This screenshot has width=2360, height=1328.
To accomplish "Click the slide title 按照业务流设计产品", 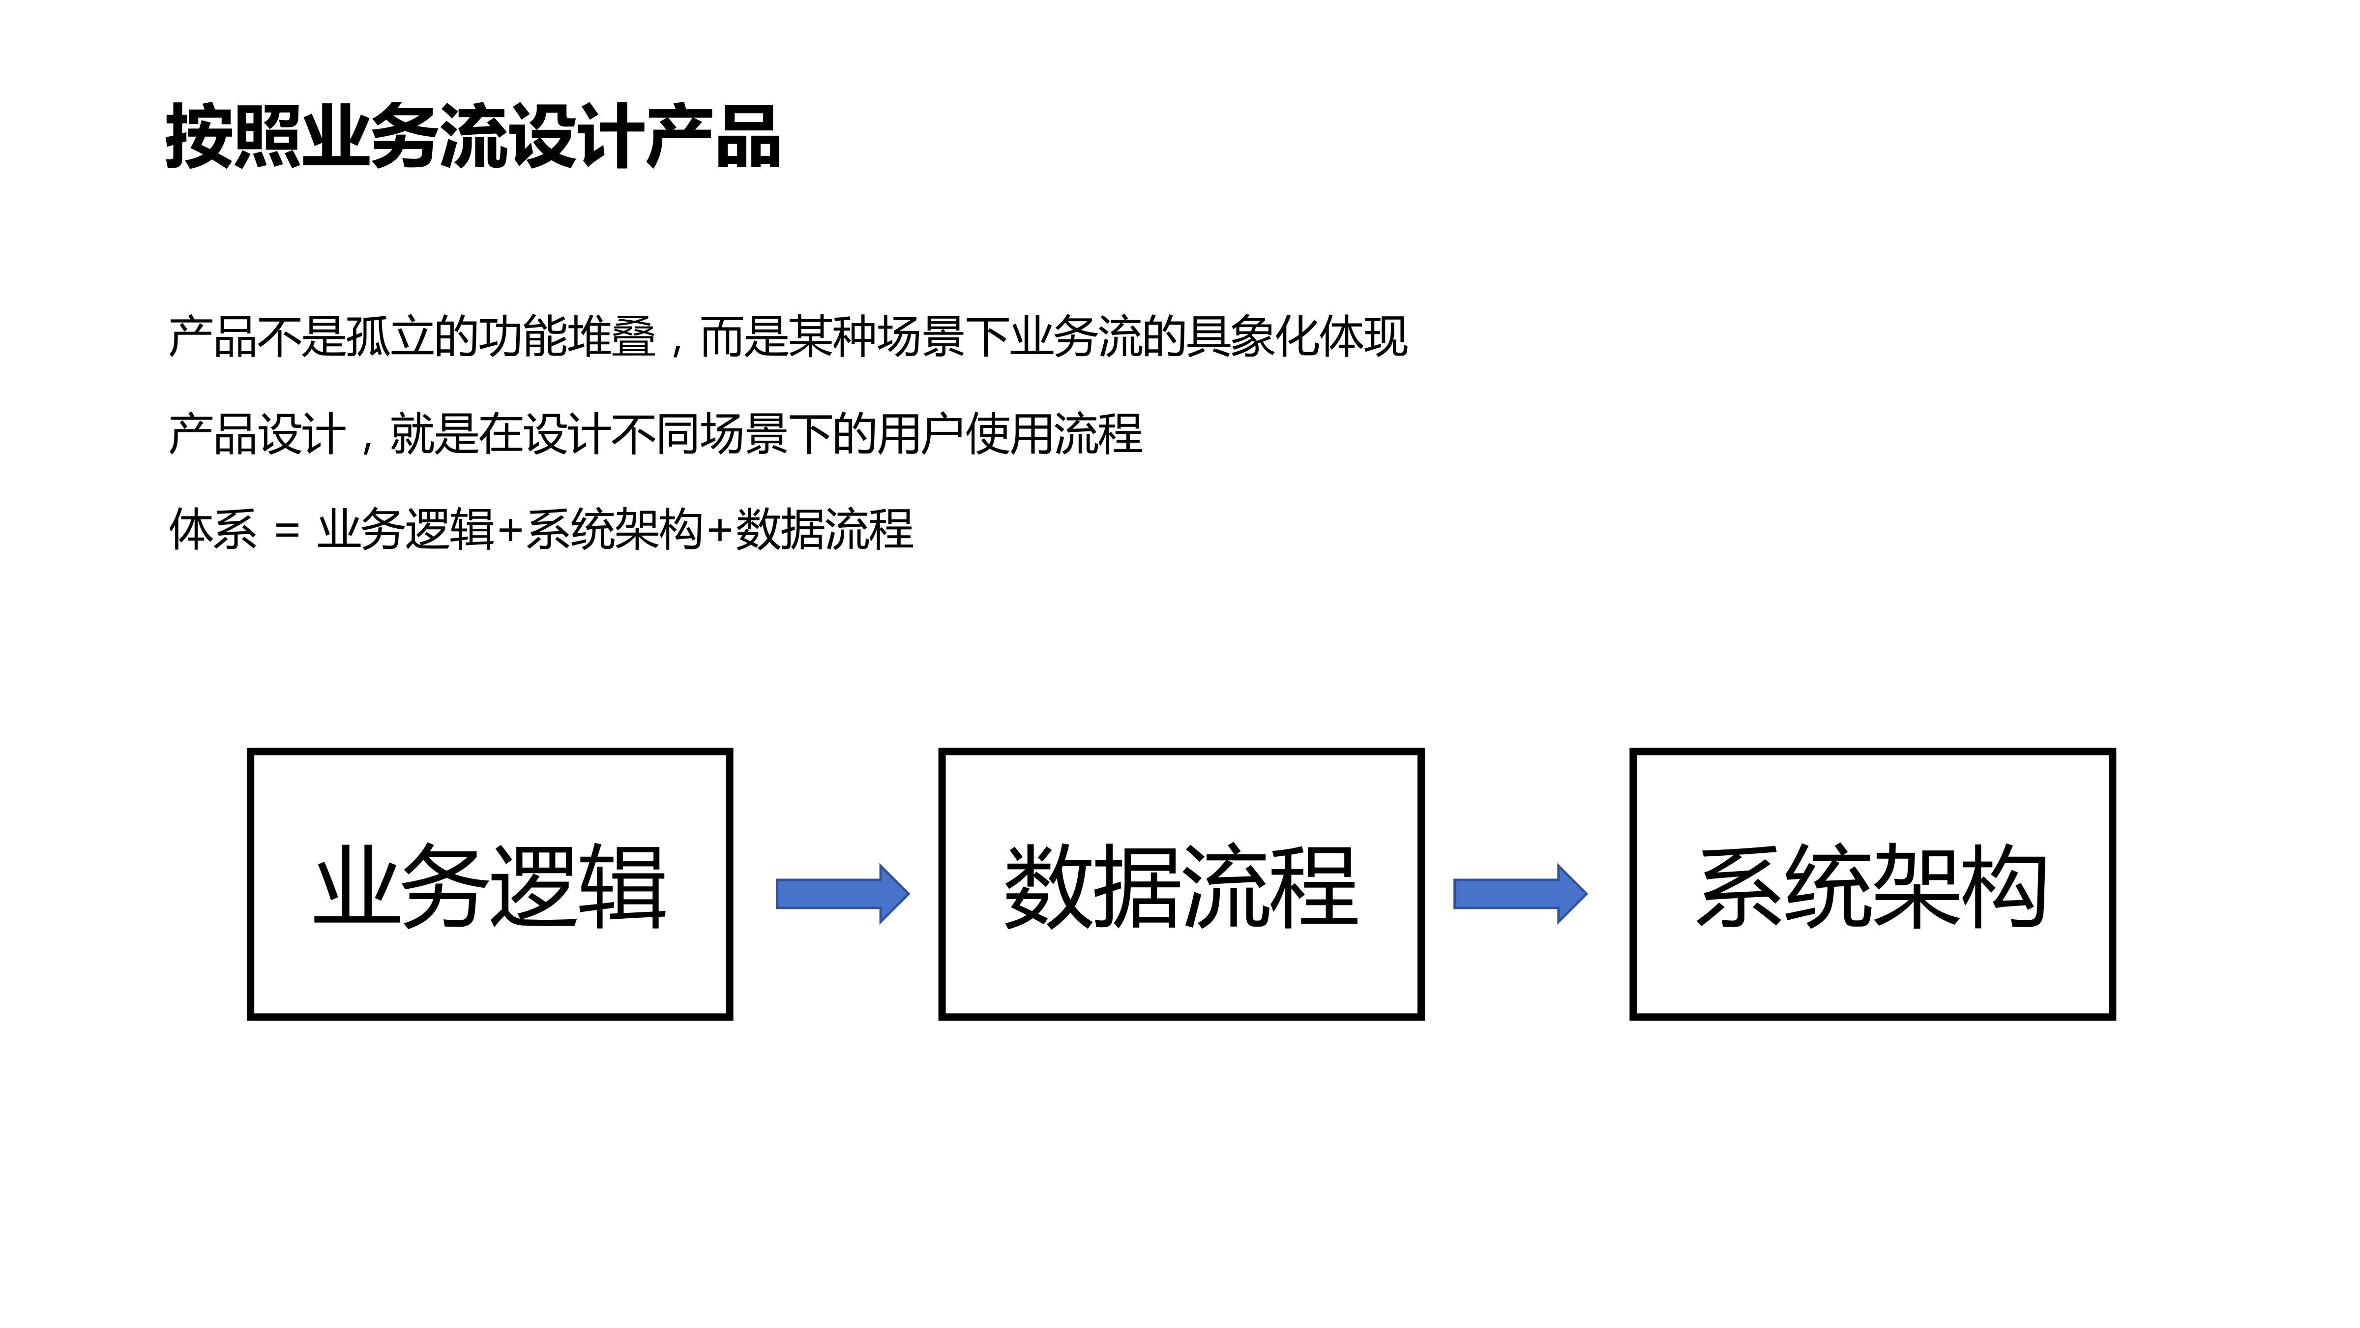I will point(472,138).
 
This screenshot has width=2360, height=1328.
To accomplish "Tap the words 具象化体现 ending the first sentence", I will point(1297,337).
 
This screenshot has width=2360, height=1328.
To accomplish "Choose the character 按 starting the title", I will point(199,138).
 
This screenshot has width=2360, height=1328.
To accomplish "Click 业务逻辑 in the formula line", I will point(406,530).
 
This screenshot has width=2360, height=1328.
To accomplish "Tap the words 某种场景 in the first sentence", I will point(877,337).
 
